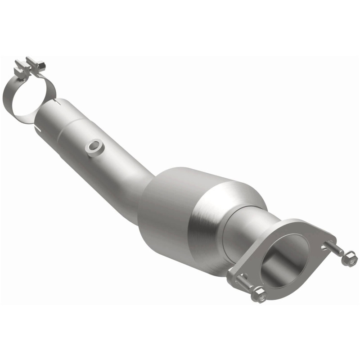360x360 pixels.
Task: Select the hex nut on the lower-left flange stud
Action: (258, 295)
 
